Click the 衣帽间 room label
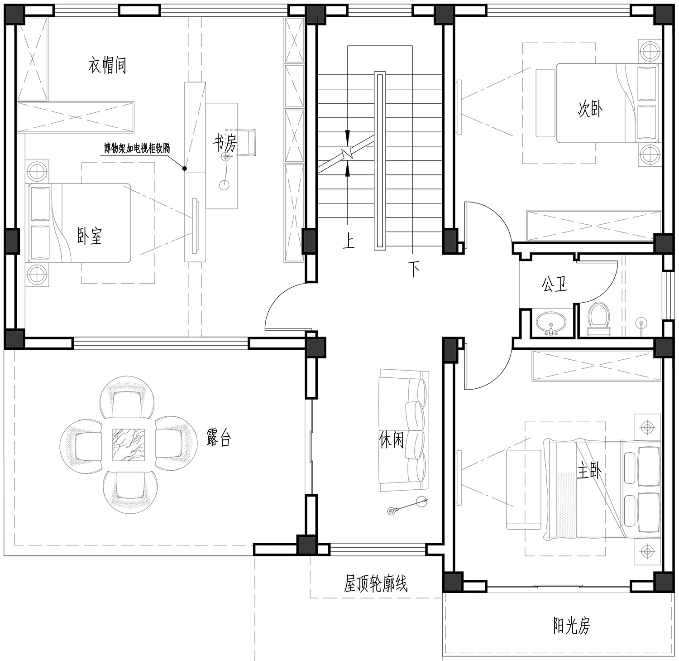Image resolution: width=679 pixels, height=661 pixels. pyautogui.click(x=107, y=66)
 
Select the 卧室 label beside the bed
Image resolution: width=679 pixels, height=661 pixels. pyautogui.click(x=90, y=236)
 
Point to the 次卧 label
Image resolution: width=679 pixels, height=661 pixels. pyautogui.click(x=590, y=109)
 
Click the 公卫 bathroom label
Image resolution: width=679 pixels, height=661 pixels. pyautogui.click(x=555, y=284)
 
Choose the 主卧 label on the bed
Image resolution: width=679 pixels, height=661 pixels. pyautogui.click(x=589, y=472)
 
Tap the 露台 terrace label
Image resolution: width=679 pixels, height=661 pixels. pyautogui.click(x=219, y=438)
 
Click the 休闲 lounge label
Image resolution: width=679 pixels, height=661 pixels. pyautogui.click(x=392, y=439)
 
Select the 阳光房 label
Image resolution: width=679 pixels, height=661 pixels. pyautogui.click(x=572, y=626)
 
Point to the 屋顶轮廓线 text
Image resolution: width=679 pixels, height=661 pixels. pyautogui.click(x=376, y=584)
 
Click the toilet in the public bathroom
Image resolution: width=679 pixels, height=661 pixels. pyautogui.click(x=599, y=319)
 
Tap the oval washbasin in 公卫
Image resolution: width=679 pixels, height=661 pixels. pyautogui.click(x=551, y=322)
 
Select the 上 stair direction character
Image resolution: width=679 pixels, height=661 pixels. pyautogui.click(x=348, y=241)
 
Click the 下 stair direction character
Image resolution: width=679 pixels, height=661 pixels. pyautogui.click(x=414, y=269)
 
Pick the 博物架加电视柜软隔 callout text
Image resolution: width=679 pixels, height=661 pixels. pyautogui.click(x=137, y=148)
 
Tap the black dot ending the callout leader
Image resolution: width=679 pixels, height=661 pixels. pyautogui.click(x=185, y=169)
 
